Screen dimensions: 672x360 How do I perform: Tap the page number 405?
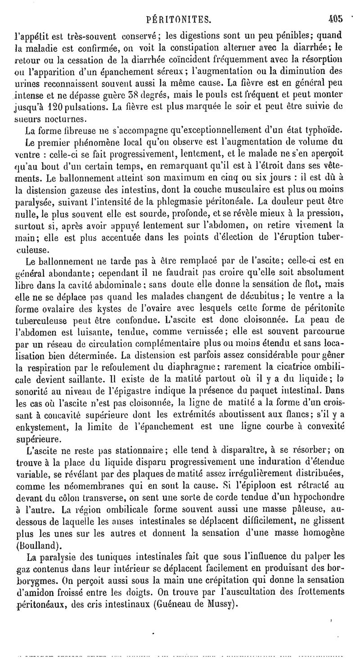tap(336, 19)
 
